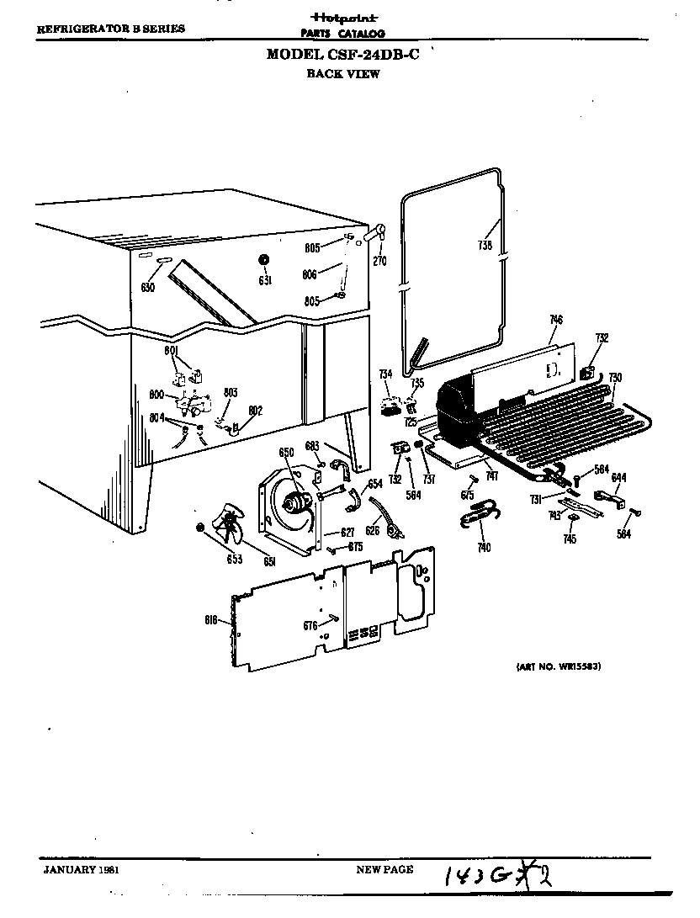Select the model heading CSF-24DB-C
(342, 55)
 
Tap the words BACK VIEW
(342, 74)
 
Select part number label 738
(485, 247)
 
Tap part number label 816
(213, 620)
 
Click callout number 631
(264, 280)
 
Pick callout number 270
(379, 260)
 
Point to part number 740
(483, 548)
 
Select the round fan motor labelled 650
(294, 503)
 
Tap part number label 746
(555, 320)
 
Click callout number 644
(618, 478)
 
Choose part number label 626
(372, 530)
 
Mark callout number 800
(156, 394)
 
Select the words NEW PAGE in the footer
(384, 870)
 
